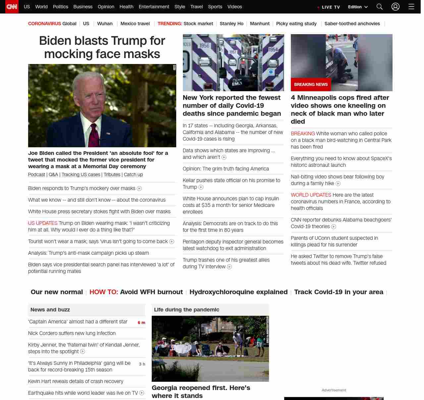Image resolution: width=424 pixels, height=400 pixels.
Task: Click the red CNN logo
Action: pos(12,7)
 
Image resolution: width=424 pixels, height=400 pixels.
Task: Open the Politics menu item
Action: pos(60,7)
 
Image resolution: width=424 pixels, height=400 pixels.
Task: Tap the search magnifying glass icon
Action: pos(380,7)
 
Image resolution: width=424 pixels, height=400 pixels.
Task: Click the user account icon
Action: pos(396,7)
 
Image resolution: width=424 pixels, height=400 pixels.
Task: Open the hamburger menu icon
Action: pos(411,7)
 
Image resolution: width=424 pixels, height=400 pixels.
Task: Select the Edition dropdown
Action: pos(358,7)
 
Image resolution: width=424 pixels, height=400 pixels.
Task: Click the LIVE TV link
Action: pos(329,7)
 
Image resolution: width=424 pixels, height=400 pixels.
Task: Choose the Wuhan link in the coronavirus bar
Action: pos(105,24)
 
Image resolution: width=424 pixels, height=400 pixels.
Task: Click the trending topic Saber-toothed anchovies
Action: pos(352,24)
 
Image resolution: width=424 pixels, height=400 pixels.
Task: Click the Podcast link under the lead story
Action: pos(36,174)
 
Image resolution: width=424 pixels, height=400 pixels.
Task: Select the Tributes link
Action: pos(112,174)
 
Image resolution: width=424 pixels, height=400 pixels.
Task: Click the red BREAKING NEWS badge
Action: pos(311,85)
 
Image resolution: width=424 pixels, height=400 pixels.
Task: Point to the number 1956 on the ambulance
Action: pos(204,45)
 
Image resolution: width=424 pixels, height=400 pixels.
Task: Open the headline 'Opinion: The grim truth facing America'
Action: pos(226,169)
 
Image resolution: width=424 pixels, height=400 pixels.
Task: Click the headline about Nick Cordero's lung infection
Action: pos(72,333)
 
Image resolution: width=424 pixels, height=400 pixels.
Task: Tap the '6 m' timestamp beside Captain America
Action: pos(141,322)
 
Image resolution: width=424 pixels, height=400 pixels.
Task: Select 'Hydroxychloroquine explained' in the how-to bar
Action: pos(238,292)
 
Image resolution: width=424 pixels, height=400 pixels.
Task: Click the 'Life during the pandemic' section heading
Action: pos(186,309)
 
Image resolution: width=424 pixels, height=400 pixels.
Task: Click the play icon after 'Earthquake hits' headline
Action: pos(142,393)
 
